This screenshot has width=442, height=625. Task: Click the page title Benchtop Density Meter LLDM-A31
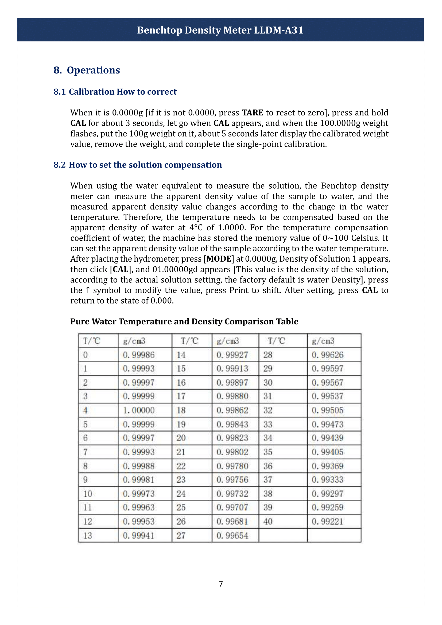coord(220,30)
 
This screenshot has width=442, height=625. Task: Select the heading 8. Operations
coord(87,70)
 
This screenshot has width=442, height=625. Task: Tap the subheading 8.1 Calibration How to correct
coord(115,92)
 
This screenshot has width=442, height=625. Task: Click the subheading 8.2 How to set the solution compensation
coord(137,165)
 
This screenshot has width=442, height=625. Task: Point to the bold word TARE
coord(252,113)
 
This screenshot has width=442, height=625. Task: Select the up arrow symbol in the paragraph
coord(87,290)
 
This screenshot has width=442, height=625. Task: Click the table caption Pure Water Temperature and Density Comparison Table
coord(184,321)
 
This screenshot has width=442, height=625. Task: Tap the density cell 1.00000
coord(138,410)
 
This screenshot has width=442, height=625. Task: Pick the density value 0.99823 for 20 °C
coord(232,438)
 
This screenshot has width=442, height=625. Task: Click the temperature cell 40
coord(268,522)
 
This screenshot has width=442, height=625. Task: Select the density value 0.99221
coord(327,522)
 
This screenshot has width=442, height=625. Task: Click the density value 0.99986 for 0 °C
coord(138,355)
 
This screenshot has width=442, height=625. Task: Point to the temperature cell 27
coord(181,535)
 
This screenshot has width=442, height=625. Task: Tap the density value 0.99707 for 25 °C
coord(232,507)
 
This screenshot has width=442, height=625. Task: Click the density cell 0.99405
coord(327,452)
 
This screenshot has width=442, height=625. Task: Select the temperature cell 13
coord(88,535)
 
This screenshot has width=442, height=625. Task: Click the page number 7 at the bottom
coord(221,584)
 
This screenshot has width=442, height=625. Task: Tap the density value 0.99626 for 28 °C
coord(327,355)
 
